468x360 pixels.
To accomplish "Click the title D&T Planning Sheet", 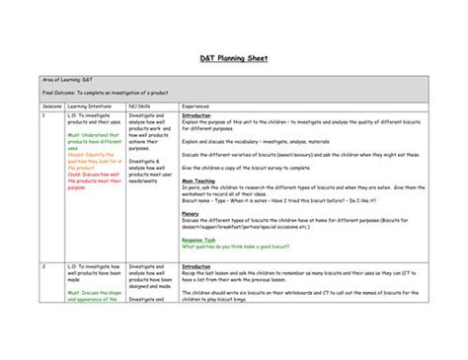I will click(x=234, y=58).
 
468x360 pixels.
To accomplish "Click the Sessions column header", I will click(x=51, y=105).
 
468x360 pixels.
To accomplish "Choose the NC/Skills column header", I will click(x=142, y=105).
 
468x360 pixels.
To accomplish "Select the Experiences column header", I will click(x=195, y=105).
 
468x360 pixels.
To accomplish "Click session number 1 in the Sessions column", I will click(x=43, y=114).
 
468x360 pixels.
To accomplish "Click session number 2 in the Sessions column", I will click(x=43, y=266).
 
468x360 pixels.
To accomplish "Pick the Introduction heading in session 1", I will click(x=197, y=114).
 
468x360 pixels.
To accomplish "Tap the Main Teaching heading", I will click(x=200, y=180).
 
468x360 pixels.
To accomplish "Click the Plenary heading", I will click(x=191, y=212).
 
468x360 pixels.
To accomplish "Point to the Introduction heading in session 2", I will click(x=197, y=266).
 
